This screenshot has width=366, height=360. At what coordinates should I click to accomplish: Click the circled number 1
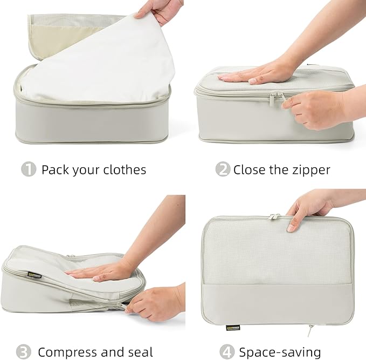(29, 169)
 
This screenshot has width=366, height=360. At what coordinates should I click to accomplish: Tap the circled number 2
(223, 169)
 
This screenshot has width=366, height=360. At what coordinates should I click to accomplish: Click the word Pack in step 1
(55, 169)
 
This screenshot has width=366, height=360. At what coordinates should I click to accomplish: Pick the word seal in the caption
(140, 352)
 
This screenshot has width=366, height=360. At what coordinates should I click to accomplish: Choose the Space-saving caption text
(280, 352)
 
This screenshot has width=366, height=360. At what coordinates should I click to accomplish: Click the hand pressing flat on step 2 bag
(259, 73)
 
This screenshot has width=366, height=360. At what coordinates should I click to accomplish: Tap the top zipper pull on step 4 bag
(275, 216)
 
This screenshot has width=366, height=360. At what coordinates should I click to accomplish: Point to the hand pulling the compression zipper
(154, 302)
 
